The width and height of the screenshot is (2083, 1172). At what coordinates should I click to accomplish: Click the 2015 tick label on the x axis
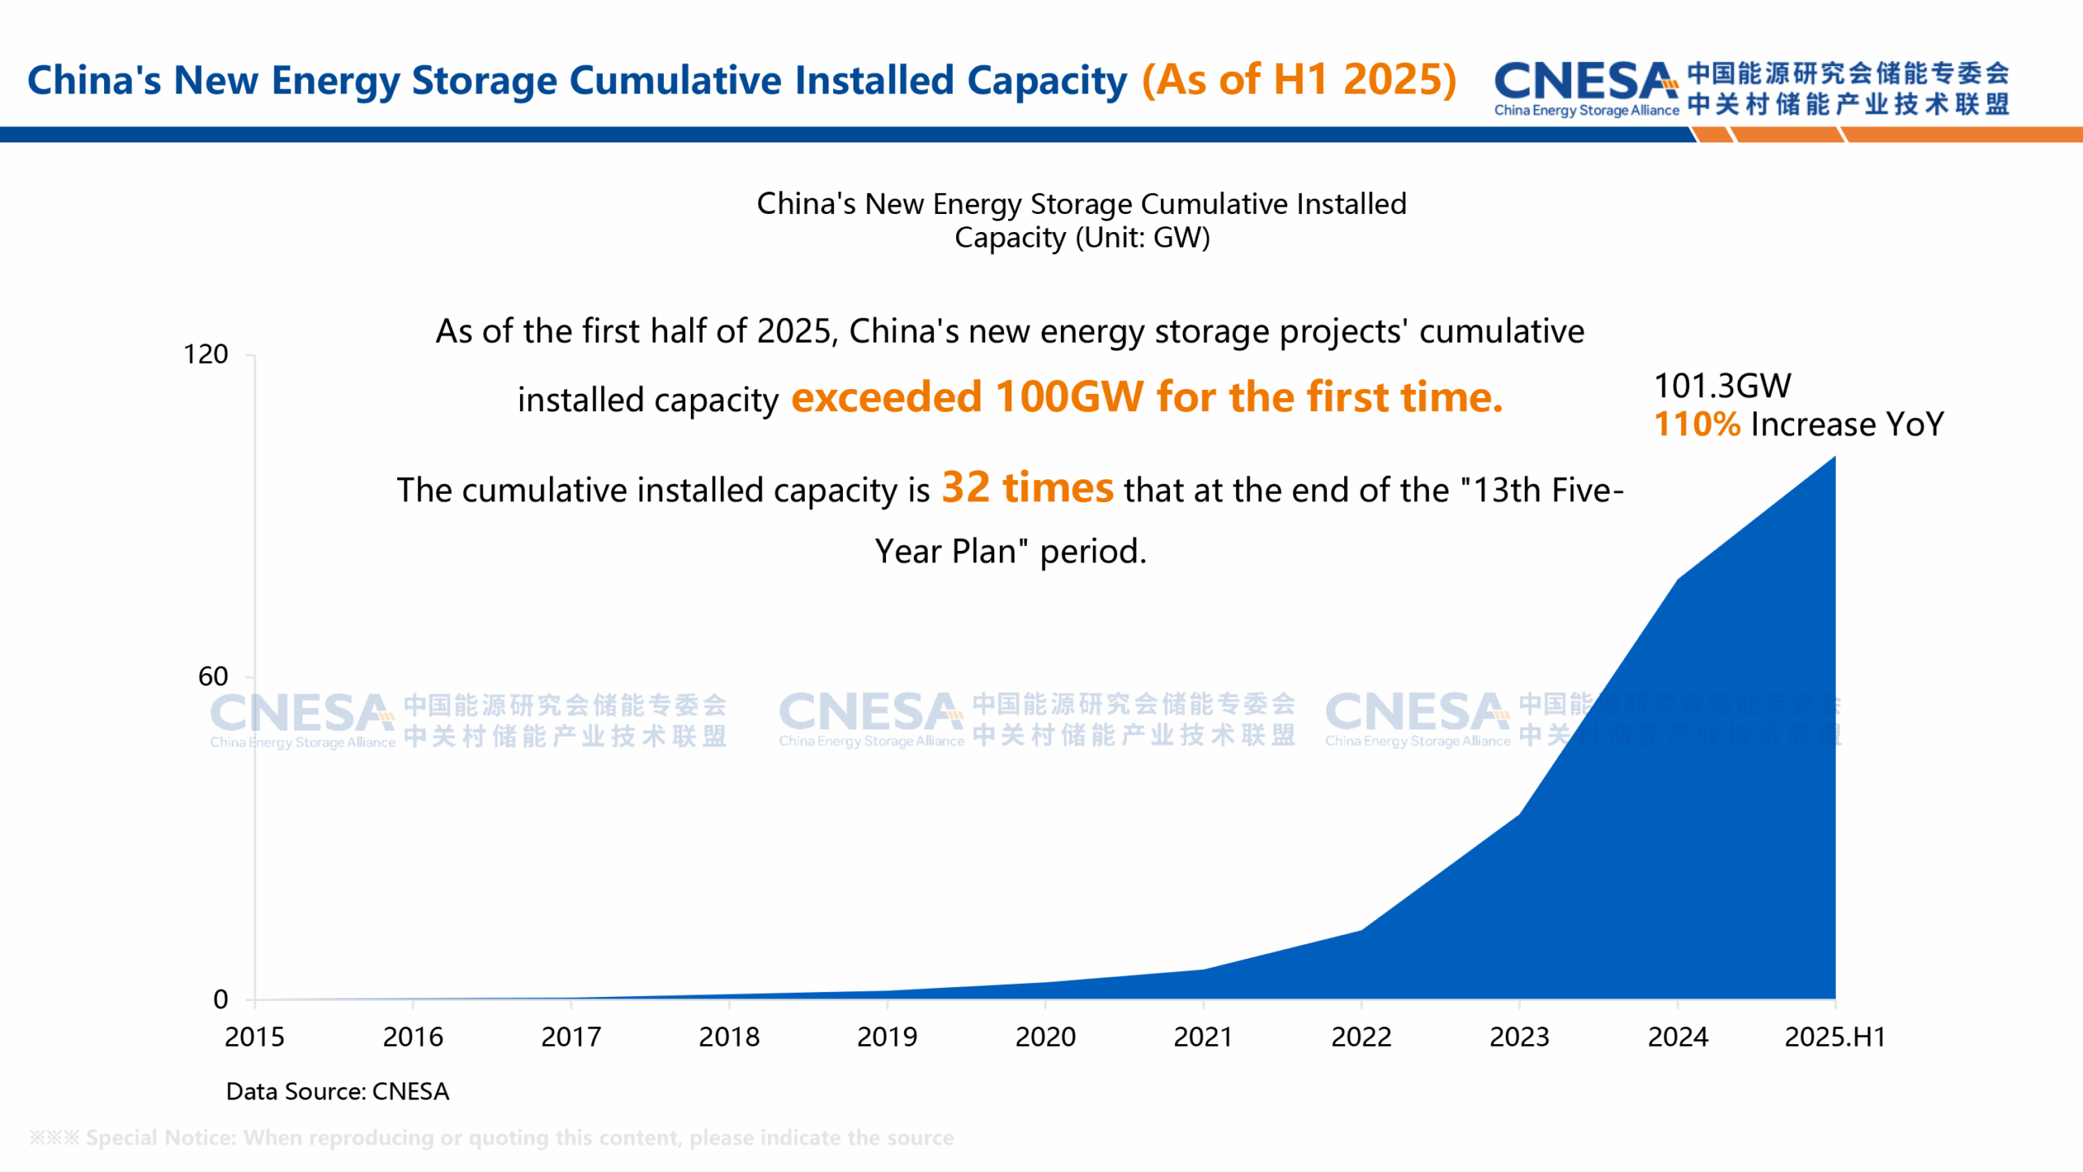(255, 1037)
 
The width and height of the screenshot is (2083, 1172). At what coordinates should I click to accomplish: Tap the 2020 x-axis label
(1045, 1037)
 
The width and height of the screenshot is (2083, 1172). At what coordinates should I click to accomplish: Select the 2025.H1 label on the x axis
(1835, 1037)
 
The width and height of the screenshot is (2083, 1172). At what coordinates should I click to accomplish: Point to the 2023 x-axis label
(1519, 1037)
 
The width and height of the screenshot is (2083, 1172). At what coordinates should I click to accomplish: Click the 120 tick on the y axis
(205, 354)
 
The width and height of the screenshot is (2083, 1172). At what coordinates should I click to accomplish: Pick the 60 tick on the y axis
(213, 676)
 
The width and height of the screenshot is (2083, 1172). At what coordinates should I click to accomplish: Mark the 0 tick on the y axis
(221, 999)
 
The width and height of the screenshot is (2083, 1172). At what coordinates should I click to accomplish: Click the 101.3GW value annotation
(1723, 386)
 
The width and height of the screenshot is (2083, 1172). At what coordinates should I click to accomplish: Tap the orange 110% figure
(1697, 424)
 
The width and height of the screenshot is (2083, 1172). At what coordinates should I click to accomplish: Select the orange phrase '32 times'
(1027, 488)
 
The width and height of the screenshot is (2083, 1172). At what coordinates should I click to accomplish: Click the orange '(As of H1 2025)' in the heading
(1299, 80)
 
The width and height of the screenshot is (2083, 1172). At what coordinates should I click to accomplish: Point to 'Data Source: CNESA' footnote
(337, 1091)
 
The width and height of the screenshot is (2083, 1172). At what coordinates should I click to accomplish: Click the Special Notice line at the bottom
(491, 1137)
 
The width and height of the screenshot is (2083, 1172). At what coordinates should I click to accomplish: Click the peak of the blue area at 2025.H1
(1834, 457)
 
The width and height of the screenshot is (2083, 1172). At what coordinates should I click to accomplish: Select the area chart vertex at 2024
(1678, 579)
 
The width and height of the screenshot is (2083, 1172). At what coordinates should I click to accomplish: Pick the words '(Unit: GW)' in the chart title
(1142, 238)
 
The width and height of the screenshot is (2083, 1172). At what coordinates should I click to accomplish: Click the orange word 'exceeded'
(887, 397)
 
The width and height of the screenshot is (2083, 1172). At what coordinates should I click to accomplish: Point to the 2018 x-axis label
(729, 1037)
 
